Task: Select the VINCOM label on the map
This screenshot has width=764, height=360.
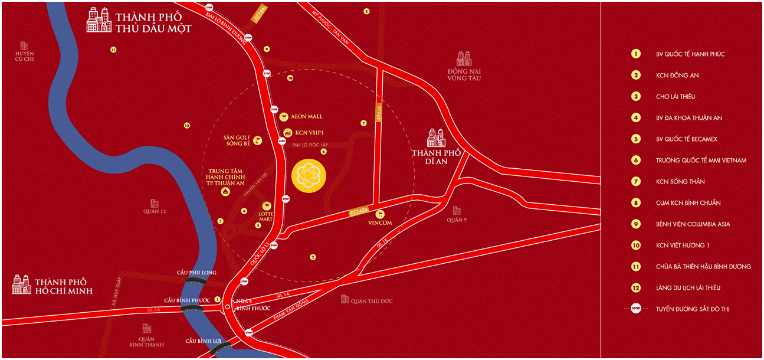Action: coord(380,222)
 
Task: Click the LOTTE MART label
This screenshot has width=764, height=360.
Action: coord(266,215)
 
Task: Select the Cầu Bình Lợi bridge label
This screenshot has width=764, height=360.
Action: coord(198,341)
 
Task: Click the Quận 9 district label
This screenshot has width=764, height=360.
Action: coord(457,220)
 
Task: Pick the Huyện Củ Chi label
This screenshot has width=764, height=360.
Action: coord(25,56)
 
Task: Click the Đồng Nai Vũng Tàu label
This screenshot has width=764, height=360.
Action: coord(464,74)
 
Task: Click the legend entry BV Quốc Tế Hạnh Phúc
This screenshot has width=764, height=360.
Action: coord(690,54)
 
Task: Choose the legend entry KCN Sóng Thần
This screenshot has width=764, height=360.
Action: coord(680,182)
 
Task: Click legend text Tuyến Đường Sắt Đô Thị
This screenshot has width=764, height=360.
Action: coord(693,309)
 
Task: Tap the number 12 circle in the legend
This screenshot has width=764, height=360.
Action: coord(636,288)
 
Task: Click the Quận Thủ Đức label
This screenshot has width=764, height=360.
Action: coord(371,301)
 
